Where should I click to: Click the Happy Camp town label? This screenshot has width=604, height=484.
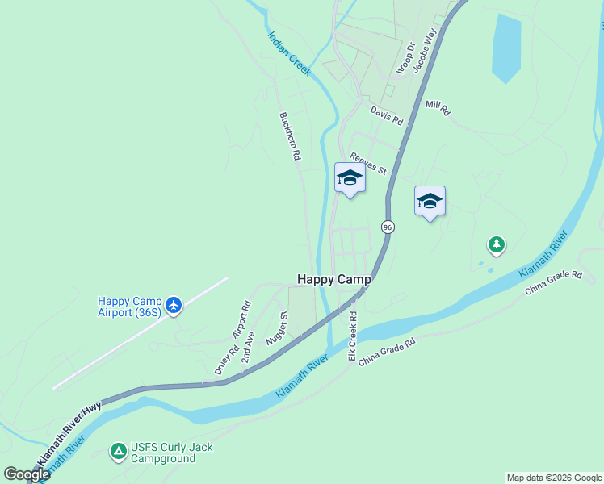pos(334,279)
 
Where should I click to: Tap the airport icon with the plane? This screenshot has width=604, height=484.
pos(173,305)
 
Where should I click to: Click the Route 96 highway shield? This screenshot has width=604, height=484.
pos(388,227)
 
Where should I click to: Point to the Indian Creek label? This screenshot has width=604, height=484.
pos(289,54)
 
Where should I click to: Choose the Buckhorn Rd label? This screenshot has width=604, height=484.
pos(289,136)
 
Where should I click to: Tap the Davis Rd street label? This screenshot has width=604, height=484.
pos(386,115)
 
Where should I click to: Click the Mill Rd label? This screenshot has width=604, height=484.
pos(437,107)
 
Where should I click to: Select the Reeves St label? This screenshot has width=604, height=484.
pos(368,165)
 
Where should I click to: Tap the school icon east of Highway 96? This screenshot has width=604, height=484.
pos(430,201)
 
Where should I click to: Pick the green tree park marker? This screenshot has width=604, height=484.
pos(496,244)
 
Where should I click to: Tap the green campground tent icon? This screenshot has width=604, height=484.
pos(119,453)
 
